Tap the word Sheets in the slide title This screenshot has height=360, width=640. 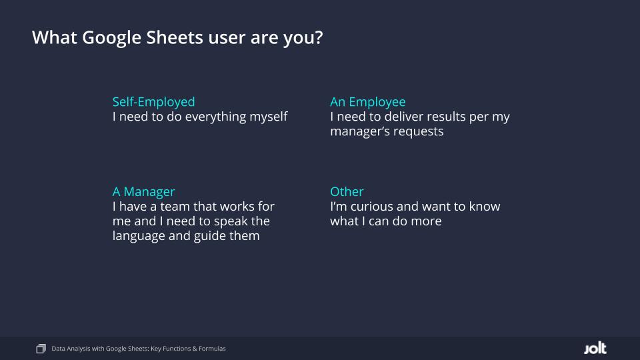click(x=175, y=37)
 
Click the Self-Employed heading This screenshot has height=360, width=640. click(x=153, y=102)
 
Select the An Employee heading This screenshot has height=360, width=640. click(x=368, y=102)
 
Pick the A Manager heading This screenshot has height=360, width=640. click(x=143, y=192)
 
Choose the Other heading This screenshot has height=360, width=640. click(x=347, y=191)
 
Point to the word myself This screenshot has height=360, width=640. click(x=269, y=117)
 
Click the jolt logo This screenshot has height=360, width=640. click(x=595, y=348)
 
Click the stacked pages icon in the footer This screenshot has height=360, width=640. click(x=41, y=349)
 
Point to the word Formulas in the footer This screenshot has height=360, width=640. click(x=212, y=349)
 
